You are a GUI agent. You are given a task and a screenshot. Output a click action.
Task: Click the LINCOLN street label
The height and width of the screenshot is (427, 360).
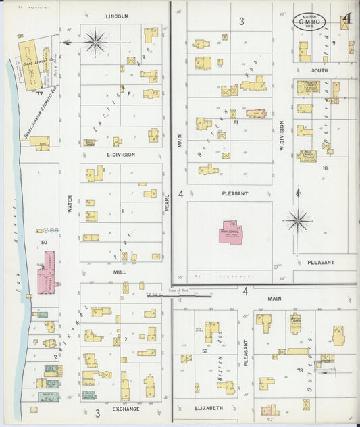click(x=117, y=16)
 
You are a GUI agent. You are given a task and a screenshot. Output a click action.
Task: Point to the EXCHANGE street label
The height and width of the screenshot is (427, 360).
click(x=126, y=409)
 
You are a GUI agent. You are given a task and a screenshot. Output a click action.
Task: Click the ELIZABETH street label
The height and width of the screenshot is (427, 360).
click(x=209, y=408)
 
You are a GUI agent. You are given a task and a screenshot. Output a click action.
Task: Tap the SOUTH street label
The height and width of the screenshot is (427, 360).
click(x=319, y=70)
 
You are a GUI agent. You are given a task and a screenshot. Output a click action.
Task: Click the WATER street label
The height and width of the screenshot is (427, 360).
click(x=70, y=204)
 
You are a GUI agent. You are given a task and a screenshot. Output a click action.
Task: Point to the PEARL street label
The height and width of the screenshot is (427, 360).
click(x=166, y=203)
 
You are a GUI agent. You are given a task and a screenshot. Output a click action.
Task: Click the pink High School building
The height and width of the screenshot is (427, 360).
click(x=231, y=232)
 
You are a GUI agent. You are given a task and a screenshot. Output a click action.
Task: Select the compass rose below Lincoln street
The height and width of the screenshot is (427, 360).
click(x=95, y=42)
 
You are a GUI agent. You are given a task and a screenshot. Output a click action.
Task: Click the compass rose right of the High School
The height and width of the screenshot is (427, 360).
click(x=297, y=220)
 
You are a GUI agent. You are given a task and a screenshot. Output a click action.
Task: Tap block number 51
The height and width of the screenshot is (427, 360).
click(x=236, y=122)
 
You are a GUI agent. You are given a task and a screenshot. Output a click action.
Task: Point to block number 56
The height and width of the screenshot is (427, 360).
click(x=203, y=351)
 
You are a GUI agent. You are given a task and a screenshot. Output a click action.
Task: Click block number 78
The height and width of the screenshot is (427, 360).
click(x=299, y=370)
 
